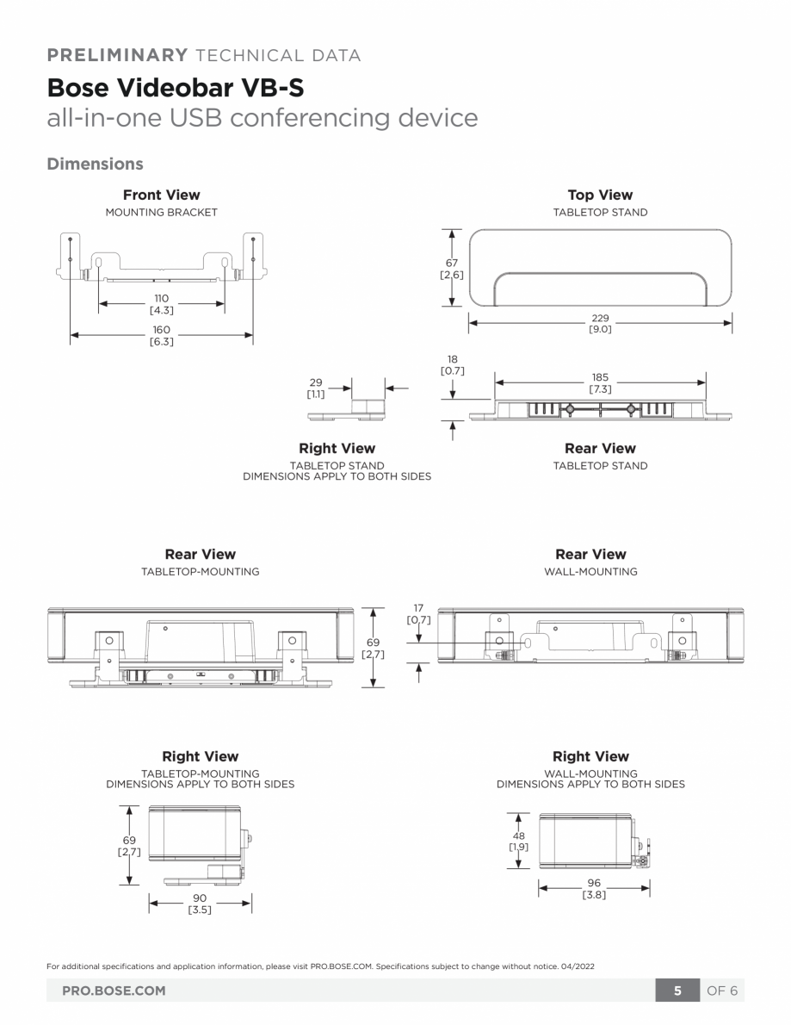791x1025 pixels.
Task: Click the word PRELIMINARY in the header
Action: click(116, 56)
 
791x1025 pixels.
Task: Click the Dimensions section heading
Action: click(95, 163)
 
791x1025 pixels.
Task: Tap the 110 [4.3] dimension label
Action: click(162, 303)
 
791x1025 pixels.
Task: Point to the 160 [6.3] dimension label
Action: click(162, 335)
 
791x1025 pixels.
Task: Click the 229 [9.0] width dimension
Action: click(600, 323)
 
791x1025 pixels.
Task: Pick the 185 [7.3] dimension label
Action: click(600, 383)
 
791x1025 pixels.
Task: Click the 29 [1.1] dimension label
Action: click(316, 388)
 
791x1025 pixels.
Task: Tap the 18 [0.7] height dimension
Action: click(453, 364)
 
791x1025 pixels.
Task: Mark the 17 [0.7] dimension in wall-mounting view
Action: click(418, 614)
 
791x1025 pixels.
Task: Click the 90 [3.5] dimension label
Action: click(200, 903)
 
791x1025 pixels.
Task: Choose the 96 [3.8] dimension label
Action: click(594, 888)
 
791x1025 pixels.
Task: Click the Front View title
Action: click(162, 195)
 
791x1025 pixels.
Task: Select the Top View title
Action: click(600, 195)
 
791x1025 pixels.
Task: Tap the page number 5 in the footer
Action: click(677, 991)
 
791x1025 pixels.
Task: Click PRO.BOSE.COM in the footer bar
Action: click(114, 991)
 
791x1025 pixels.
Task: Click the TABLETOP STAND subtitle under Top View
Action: click(600, 212)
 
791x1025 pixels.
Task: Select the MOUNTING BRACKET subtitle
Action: click(162, 212)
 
